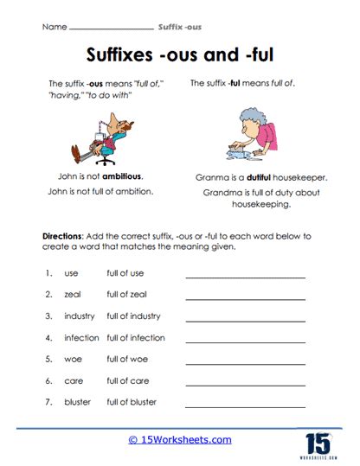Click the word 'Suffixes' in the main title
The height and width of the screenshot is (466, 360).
point(126,55)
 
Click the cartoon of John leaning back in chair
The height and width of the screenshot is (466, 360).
point(96,138)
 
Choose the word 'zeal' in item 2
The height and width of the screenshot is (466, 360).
point(73,295)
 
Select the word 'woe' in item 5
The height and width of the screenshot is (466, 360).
point(73,359)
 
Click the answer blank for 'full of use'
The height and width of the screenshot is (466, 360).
point(246,277)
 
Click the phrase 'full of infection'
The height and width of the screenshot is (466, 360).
point(136,337)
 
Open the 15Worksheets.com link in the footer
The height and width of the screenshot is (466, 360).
point(180,440)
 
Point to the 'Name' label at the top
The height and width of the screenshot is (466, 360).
point(54,28)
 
